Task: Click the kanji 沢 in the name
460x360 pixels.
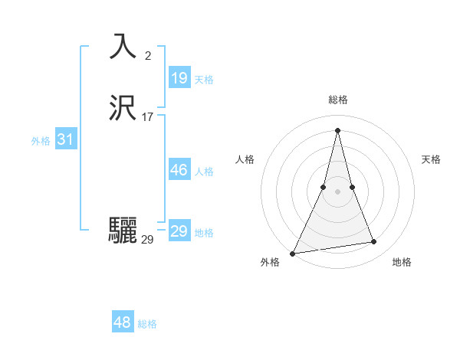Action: [123, 108]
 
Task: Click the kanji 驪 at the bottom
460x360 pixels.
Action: [123, 230]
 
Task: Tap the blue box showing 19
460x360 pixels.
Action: [179, 78]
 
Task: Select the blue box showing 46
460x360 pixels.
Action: [179, 170]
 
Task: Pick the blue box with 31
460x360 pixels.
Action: [65, 139]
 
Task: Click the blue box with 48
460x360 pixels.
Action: [123, 322]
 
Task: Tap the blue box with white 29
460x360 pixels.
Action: [179, 231]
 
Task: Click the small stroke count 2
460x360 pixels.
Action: [148, 55]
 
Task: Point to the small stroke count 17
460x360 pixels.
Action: [148, 116]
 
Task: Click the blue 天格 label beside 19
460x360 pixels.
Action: [204, 80]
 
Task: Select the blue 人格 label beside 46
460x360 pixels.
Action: [204, 172]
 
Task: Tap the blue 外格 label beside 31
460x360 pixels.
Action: [41, 141]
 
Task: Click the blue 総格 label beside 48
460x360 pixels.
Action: [147, 324]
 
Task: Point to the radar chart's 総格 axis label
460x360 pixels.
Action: [337, 100]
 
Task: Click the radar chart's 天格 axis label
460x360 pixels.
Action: [431, 159]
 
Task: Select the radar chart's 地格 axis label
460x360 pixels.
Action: [402, 262]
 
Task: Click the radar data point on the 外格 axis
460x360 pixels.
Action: [293, 254]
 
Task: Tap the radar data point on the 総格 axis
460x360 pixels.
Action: [337, 129]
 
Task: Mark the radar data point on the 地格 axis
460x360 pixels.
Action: [374, 242]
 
